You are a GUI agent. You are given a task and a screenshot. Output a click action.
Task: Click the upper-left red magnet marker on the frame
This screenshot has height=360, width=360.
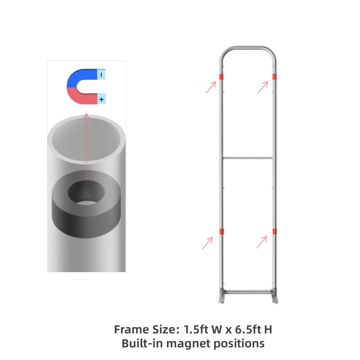click(221, 76)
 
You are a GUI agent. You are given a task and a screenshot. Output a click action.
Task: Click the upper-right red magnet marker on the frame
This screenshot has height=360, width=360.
click(274, 76)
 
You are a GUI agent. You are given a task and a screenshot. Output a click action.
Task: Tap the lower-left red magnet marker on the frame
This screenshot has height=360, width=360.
click(221, 231)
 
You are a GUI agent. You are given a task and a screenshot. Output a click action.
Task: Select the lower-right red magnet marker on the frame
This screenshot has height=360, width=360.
click(274, 231)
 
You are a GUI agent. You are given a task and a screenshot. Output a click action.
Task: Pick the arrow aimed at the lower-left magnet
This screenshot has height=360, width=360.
click(207, 243)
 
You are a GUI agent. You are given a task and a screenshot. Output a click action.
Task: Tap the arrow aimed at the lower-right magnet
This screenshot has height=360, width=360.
click(262, 242)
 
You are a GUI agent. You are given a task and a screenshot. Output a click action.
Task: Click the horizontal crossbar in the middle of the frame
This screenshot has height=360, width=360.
click(247, 158)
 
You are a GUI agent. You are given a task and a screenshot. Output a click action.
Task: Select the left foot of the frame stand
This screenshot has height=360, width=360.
click(222, 298)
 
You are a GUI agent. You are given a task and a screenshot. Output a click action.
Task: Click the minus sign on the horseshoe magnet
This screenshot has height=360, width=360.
click(102, 75)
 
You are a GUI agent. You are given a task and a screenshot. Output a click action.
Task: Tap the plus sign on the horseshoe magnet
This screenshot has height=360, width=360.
click(102, 99)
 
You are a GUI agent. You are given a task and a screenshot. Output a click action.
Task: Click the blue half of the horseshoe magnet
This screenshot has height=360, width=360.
click(79, 77)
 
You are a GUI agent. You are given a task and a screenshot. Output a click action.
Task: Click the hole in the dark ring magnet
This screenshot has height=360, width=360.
click(86, 193)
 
